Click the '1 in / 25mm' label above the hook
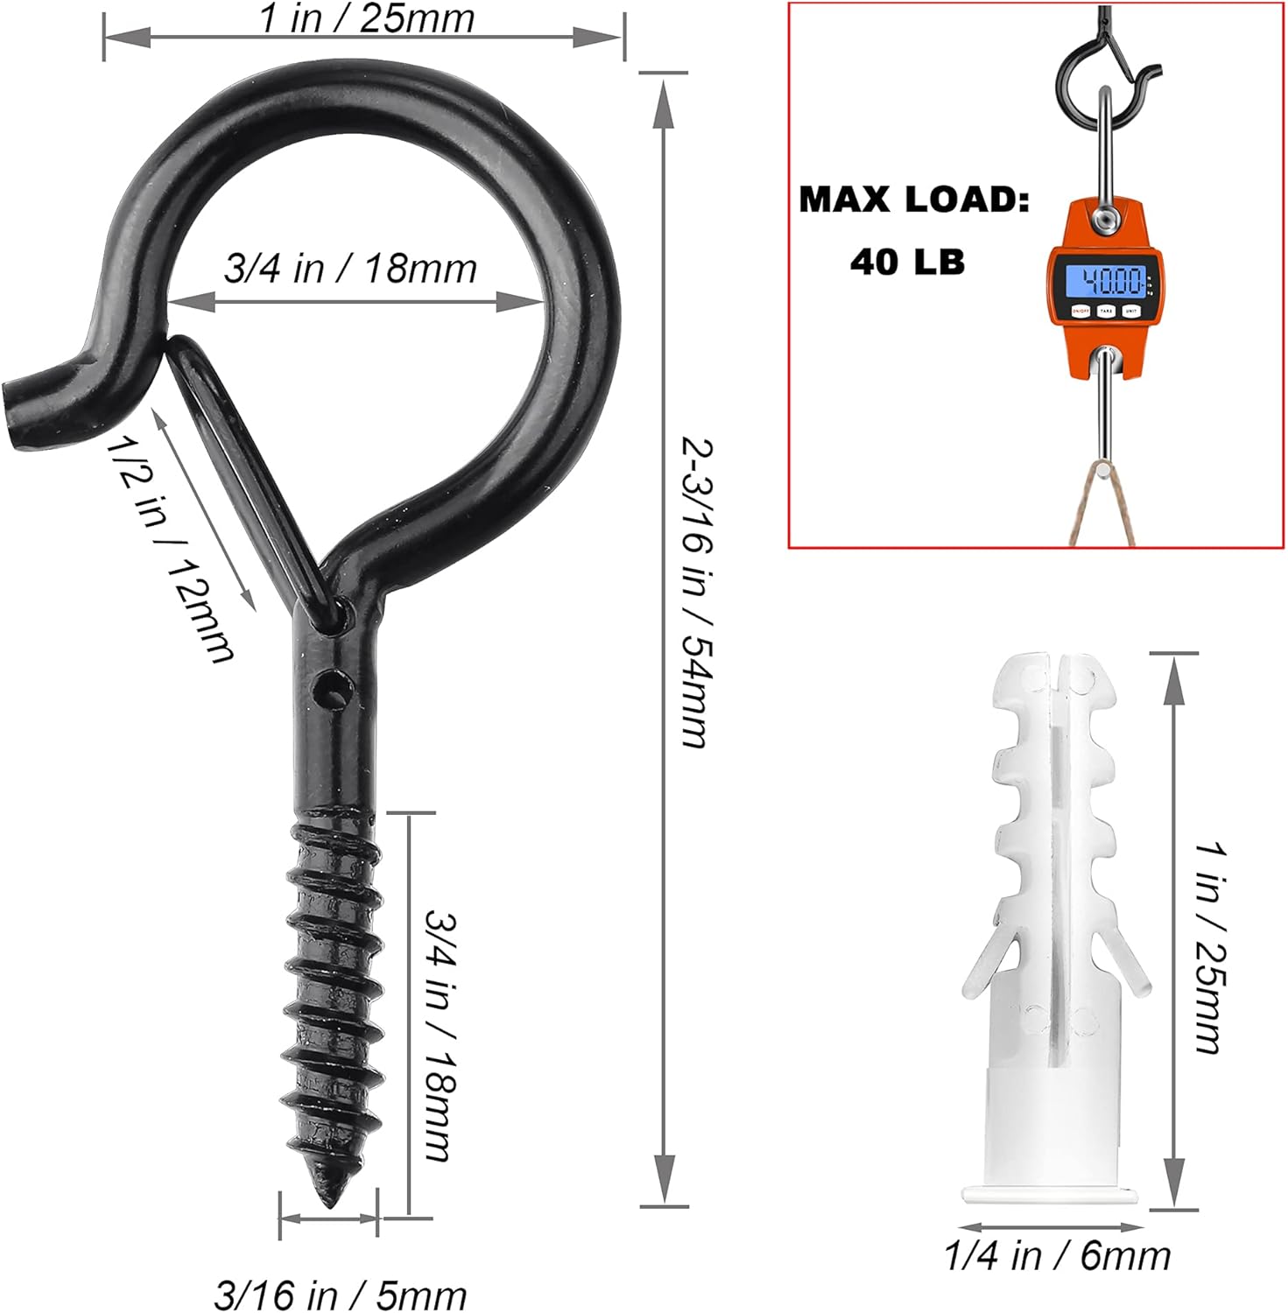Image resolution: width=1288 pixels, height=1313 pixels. coord(366,19)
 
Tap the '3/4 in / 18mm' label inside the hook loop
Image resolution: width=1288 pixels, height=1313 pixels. coord(350,269)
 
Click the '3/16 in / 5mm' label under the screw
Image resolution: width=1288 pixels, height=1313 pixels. coord(340,1295)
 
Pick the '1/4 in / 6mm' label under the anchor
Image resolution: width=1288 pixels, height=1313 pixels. coord(1057,1256)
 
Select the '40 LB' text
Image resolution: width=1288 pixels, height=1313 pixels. coord(907,262)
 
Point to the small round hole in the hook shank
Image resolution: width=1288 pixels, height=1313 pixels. coord(331,686)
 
